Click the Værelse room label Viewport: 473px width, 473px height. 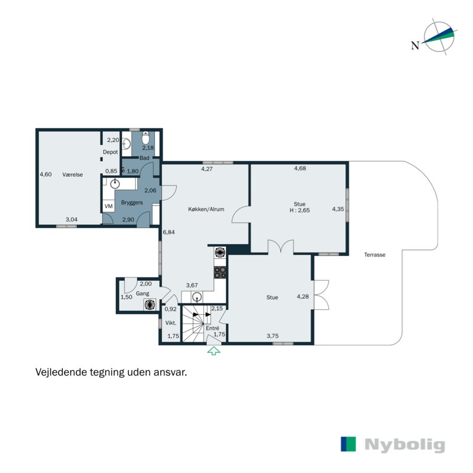(x=72, y=174)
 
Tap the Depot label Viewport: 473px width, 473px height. (x=110, y=153)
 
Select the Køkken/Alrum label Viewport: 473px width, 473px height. (x=206, y=209)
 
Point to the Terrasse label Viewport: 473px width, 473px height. (x=375, y=255)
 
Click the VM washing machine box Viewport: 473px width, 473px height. (x=108, y=206)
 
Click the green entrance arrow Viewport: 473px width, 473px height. (x=213, y=351)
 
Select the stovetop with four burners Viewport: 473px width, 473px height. (x=220, y=273)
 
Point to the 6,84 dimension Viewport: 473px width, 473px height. (x=169, y=232)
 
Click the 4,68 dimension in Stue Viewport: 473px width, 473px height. (x=300, y=169)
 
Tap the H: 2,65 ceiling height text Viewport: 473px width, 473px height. (x=300, y=210)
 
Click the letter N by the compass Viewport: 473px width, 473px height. (x=416, y=46)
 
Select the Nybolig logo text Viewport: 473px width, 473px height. (x=404, y=445)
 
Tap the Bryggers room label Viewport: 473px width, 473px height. (x=132, y=203)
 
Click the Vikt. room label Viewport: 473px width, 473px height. (x=171, y=323)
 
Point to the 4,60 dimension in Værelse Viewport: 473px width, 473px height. (x=46, y=174)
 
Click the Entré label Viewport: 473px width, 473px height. (x=212, y=328)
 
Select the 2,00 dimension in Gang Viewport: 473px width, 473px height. (x=145, y=284)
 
